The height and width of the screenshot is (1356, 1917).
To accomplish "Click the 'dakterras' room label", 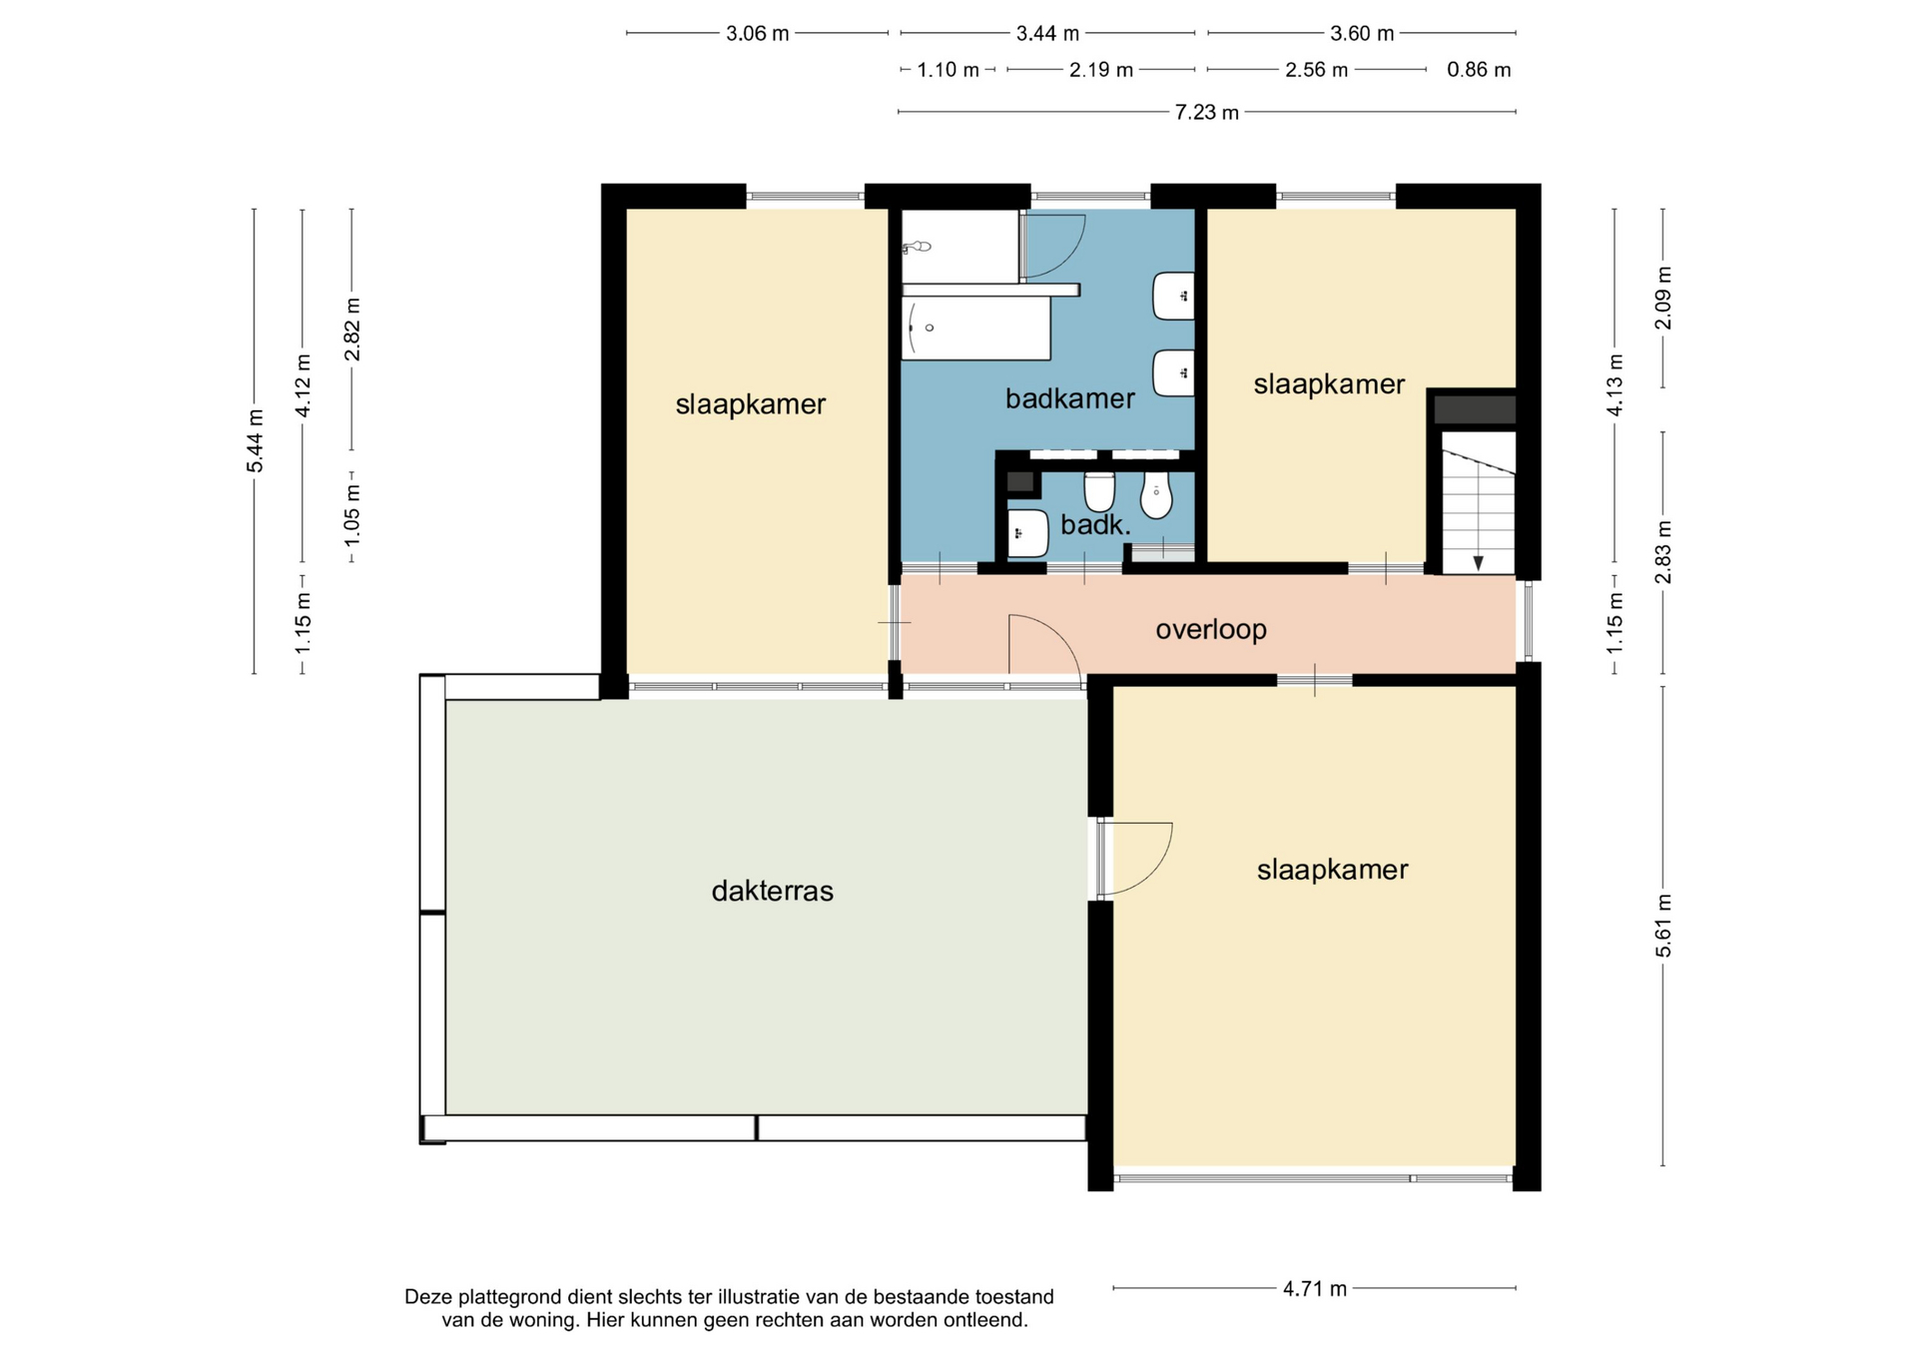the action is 772,891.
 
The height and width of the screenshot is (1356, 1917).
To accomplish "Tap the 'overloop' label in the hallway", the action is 1211,630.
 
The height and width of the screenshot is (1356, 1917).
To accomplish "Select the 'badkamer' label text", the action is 1069,399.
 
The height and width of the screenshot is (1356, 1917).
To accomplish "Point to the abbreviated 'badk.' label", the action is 1095,525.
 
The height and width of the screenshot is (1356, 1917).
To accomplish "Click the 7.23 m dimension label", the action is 1206,112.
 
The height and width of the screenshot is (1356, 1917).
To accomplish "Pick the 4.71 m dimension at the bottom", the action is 1315,1289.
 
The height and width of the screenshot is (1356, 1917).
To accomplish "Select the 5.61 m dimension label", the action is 1663,926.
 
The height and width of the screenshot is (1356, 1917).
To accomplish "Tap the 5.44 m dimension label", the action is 255,441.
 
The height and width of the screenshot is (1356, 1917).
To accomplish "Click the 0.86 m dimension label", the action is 1479,70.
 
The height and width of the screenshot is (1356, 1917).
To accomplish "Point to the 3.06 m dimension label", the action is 758,34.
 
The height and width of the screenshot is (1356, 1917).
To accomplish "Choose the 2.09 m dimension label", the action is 1663,298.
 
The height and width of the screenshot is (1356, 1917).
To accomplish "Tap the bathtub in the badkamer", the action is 975,329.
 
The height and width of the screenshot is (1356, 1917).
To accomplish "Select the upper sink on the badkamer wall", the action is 1174,297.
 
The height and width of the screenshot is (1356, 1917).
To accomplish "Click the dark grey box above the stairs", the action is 1475,409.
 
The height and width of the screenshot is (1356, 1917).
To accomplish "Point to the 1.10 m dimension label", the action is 948,70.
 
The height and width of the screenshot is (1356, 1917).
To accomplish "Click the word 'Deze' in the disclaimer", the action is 427,1297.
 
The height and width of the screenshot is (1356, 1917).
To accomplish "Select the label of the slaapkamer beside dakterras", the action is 1332,870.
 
